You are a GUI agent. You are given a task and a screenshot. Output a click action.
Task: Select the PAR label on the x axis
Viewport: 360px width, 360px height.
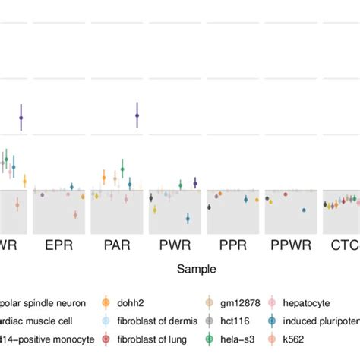116,246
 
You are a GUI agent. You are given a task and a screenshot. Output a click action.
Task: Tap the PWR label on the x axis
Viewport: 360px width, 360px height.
175,246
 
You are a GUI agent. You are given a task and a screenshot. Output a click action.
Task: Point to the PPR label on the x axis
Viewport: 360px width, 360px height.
232,246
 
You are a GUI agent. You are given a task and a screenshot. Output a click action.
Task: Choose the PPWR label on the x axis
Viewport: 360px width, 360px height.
291,246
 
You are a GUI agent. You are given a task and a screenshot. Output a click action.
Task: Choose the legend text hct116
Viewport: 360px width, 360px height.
234,320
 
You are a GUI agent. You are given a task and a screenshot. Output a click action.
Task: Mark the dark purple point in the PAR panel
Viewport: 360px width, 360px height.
137,115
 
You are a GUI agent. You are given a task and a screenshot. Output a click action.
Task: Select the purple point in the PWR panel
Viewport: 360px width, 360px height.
195,182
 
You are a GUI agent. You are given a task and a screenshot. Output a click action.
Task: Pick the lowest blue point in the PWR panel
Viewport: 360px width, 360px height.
188,219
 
